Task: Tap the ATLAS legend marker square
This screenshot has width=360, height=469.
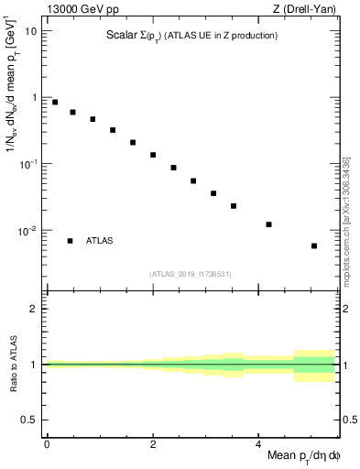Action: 70,241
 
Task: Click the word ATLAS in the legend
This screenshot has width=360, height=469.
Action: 100,241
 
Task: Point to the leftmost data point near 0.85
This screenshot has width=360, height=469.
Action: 55,103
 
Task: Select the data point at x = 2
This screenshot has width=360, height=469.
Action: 153,155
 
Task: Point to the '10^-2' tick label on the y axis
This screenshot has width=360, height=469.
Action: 27,230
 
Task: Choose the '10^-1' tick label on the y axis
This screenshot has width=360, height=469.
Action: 27,163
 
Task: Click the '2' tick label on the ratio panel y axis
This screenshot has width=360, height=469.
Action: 34,309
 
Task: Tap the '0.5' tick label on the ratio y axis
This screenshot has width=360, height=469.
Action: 30,420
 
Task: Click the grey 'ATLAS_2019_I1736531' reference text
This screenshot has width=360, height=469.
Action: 191,273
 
